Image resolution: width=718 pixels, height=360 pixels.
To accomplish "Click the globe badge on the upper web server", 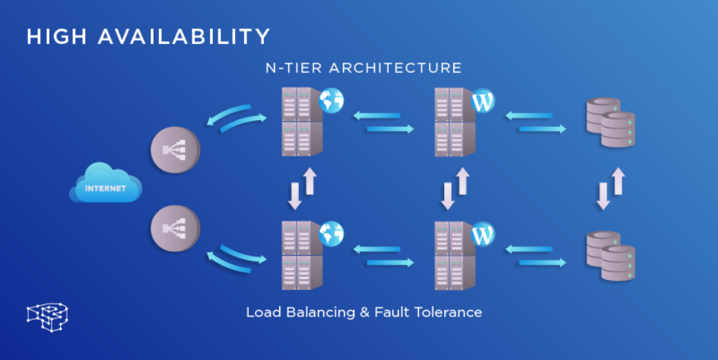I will click(x=332, y=100).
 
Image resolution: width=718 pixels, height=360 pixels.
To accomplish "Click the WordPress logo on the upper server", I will click(x=483, y=100).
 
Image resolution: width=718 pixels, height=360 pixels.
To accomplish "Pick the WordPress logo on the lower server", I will click(x=483, y=234).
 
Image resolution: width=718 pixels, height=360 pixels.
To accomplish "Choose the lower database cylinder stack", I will click(x=610, y=255).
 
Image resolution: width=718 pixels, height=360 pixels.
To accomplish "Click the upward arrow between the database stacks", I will click(x=618, y=181).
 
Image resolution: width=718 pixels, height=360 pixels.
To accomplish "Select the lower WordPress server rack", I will click(x=449, y=255).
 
